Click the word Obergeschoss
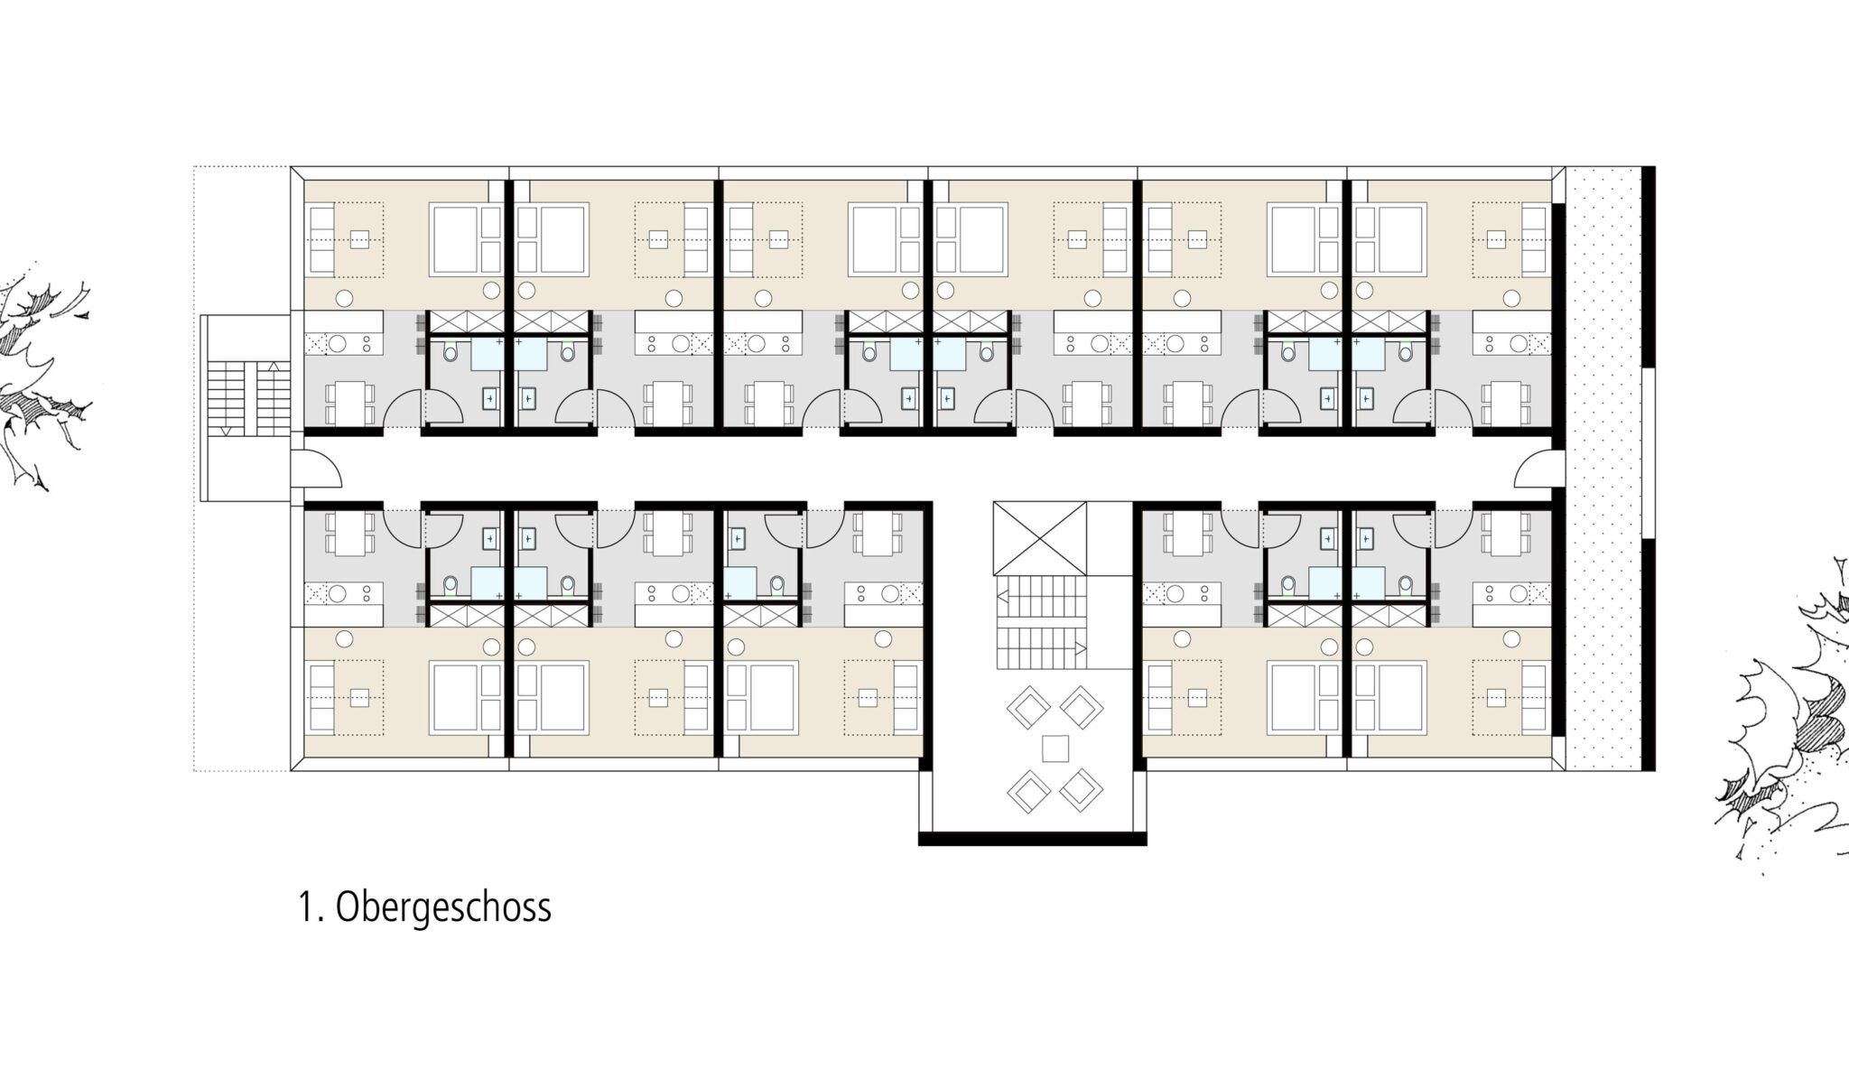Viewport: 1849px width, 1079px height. pos(442,907)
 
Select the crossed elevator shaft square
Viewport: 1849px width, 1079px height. pos(1039,538)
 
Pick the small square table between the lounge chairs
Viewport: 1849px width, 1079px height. pos(1055,749)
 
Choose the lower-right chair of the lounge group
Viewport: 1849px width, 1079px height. pos(1082,789)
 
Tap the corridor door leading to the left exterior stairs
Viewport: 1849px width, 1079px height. pos(321,470)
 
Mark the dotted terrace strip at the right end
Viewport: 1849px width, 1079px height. pos(1603,469)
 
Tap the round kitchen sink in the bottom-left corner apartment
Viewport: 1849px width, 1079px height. pos(338,593)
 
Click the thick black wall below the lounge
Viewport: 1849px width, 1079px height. pos(1033,839)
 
